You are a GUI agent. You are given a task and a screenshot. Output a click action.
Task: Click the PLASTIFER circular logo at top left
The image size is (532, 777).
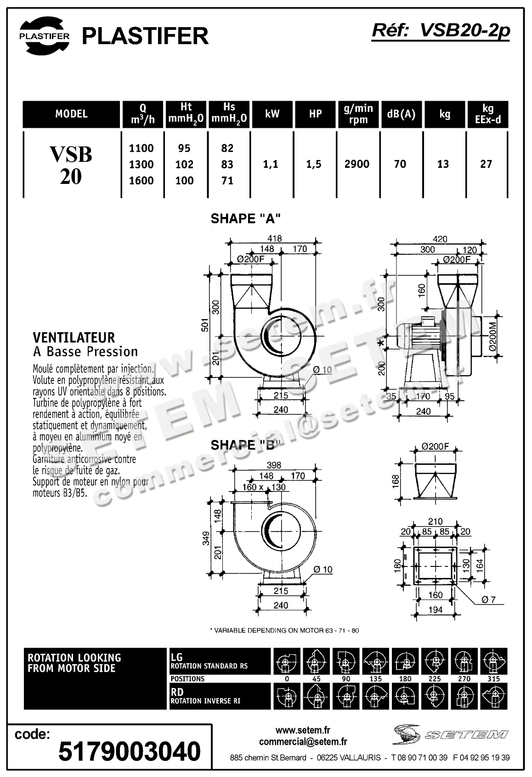(x=44, y=36)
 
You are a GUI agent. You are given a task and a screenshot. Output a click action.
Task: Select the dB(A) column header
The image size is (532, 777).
(x=401, y=114)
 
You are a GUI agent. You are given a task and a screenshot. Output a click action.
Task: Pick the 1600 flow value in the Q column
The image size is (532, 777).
(x=141, y=181)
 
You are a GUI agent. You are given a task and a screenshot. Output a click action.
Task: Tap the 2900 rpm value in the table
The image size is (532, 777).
(x=357, y=164)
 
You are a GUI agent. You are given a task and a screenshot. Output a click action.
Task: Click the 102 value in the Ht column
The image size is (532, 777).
(x=184, y=165)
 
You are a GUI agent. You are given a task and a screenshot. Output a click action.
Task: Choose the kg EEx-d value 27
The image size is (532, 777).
(x=486, y=164)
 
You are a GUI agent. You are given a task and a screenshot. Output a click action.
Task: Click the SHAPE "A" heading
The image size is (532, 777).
(x=245, y=218)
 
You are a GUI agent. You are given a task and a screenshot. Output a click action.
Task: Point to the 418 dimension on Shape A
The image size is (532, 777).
(x=274, y=238)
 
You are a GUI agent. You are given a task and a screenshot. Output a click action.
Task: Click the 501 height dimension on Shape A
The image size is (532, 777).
(x=205, y=325)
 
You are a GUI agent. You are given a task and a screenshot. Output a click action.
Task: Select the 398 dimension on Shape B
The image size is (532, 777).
(x=274, y=465)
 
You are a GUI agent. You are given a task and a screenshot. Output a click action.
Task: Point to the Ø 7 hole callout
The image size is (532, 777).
(x=488, y=600)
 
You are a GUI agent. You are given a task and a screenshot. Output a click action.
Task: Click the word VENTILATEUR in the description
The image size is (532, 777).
(x=74, y=338)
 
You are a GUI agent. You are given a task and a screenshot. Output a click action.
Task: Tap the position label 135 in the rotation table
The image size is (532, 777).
(x=375, y=679)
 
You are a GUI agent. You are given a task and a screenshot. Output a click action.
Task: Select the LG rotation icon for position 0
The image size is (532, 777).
(x=287, y=662)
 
